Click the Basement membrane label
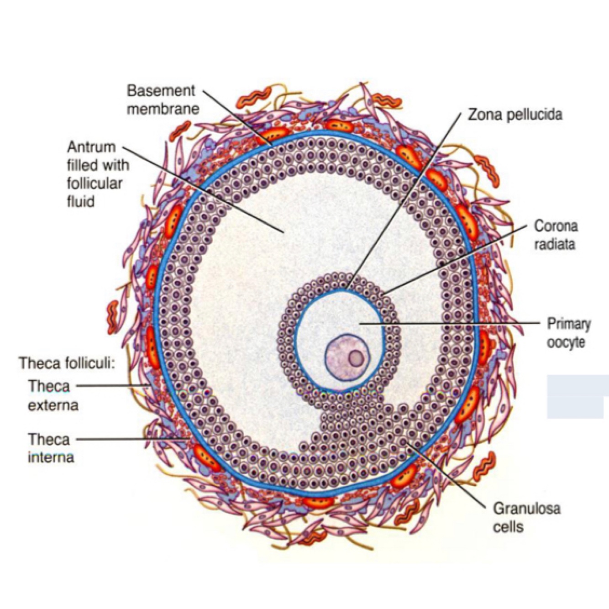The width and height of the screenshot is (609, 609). click(163, 100)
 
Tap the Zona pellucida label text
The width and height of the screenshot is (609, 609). click(514, 114)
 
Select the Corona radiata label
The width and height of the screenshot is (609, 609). click(555, 235)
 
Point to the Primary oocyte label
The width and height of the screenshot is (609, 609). click(568, 333)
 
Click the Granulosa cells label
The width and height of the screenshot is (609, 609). click(526, 517)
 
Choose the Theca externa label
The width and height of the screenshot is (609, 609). click(52, 395)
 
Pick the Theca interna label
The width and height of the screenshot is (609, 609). click(50, 448)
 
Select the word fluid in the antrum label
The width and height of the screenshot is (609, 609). click(81, 201)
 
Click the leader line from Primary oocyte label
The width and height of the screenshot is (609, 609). click(457, 323)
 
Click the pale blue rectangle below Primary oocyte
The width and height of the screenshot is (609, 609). click(577, 396)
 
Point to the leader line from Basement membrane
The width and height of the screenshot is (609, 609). click(237, 116)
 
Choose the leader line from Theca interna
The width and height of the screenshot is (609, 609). click(132, 439)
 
